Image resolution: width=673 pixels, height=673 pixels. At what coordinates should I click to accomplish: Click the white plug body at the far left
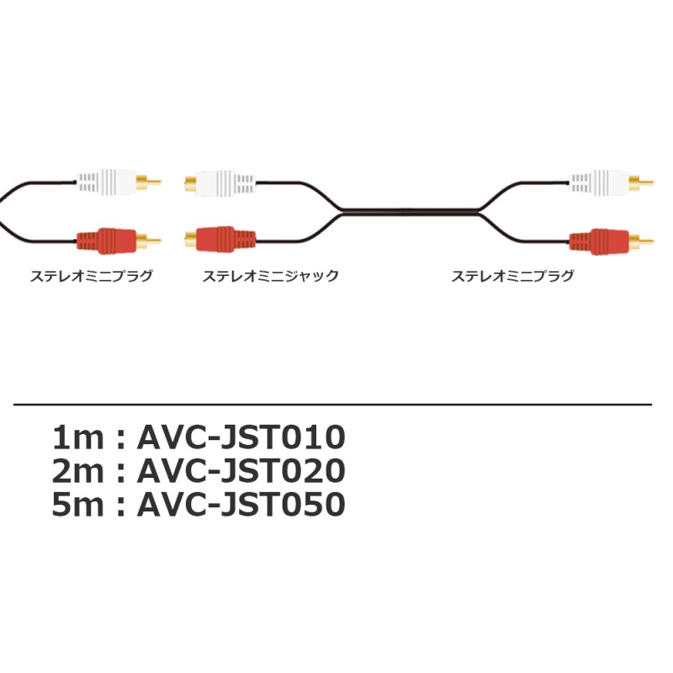pos(107,182)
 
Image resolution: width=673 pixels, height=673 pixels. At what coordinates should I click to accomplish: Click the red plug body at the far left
pos(107,241)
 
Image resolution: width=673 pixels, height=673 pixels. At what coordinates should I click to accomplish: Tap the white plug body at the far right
pos(599,183)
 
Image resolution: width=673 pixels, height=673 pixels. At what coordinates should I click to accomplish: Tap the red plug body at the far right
pos(599,241)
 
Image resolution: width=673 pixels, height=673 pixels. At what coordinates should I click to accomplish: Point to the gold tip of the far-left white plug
pos(149,182)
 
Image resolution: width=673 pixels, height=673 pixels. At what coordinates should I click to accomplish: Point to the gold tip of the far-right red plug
pos(642,241)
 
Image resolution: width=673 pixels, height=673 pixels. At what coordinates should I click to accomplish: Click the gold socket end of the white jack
pos(190,183)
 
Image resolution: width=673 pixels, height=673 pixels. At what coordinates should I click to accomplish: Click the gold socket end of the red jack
pos(190,240)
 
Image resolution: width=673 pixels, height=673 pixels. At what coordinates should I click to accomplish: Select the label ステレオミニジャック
pos(270,276)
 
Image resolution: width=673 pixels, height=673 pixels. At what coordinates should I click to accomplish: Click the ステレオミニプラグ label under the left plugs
pos(92,276)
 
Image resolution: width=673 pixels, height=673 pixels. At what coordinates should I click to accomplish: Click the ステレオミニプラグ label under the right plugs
pos(512,276)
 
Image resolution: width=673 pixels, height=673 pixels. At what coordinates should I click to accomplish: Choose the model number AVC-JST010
pos(241,437)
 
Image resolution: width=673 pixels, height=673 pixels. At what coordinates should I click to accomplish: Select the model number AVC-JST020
pos(241,471)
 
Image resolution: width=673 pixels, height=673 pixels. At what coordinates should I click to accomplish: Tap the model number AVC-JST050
pos(241,504)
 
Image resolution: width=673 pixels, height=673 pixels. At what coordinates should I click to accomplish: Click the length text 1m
pos(77,437)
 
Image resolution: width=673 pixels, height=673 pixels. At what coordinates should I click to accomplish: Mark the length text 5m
pos(77,504)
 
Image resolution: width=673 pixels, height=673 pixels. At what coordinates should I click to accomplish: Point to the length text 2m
pos(77,471)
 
